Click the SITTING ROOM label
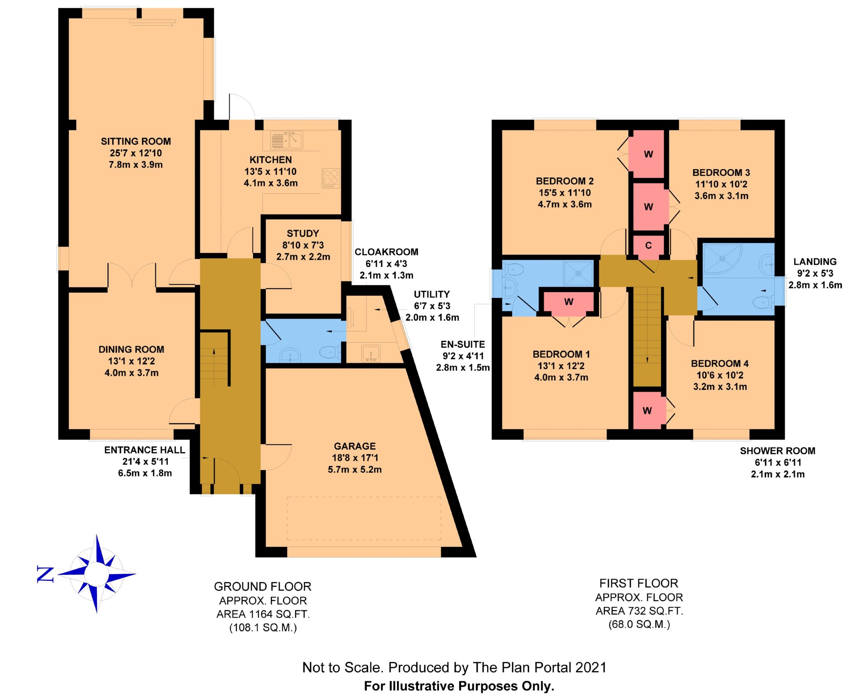[x=136, y=141]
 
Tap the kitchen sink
[x=286, y=140]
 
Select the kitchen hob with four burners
[x=331, y=178]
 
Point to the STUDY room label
[x=303, y=233]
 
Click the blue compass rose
[x=97, y=574]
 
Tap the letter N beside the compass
[x=45, y=574]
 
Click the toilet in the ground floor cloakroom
[x=329, y=352]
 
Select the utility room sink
[x=371, y=354]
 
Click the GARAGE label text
[x=355, y=446]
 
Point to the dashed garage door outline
[x=364, y=518]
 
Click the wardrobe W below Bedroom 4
[x=647, y=410]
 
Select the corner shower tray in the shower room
[x=722, y=259]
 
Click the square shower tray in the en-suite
[x=579, y=273]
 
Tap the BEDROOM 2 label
[x=565, y=181]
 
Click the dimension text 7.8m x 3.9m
[x=136, y=165]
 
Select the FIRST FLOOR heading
[x=639, y=583]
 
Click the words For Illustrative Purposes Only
[x=459, y=686]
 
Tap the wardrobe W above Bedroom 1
[x=569, y=302]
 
